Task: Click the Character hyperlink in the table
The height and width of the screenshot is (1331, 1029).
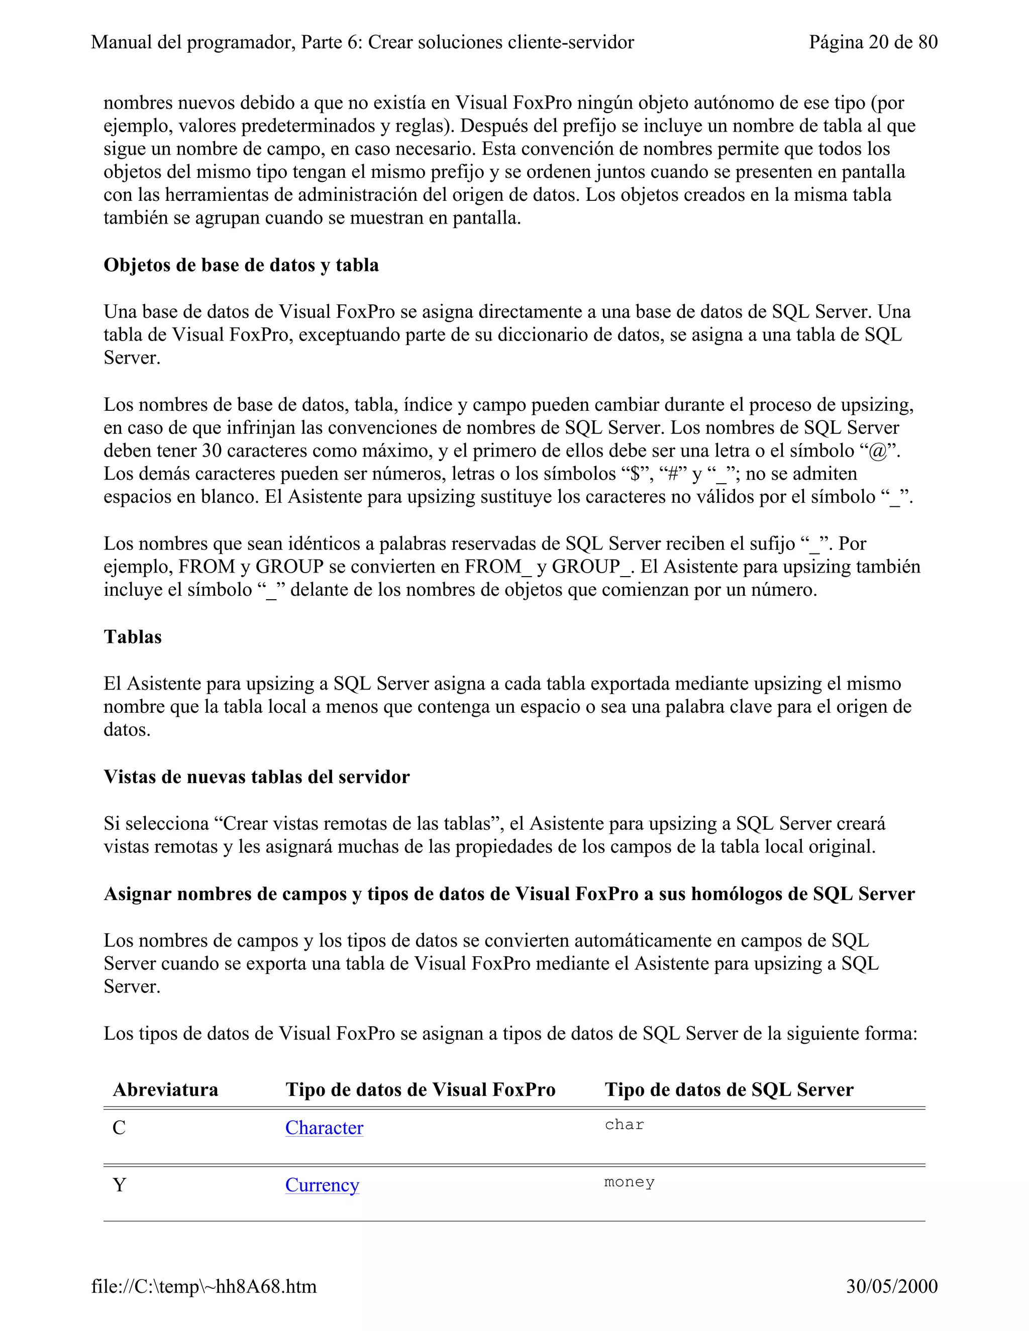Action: point(324,1128)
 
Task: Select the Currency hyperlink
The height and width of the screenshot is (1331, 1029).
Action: point(322,1185)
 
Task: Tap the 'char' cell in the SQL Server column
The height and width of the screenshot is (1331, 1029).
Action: point(624,1125)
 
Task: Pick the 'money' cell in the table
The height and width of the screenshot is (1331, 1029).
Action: point(629,1182)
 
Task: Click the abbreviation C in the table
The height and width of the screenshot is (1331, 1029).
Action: point(119,1128)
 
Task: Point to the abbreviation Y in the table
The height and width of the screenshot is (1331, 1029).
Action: point(120,1185)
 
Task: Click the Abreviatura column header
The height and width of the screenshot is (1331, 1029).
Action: point(165,1090)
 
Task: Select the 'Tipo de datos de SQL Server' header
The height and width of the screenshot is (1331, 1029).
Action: point(729,1090)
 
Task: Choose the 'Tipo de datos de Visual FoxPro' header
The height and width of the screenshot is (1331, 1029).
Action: point(420,1090)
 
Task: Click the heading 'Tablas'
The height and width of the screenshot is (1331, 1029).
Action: point(132,637)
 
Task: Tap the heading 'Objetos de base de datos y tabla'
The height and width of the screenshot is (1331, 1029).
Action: point(241,265)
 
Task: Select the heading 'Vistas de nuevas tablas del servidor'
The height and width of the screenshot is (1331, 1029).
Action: point(256,777)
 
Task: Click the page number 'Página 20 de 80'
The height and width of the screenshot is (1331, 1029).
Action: point(873,42)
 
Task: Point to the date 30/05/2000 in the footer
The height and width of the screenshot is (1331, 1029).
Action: point(891,1286)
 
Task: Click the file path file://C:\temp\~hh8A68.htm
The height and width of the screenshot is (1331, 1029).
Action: point(203,1286)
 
